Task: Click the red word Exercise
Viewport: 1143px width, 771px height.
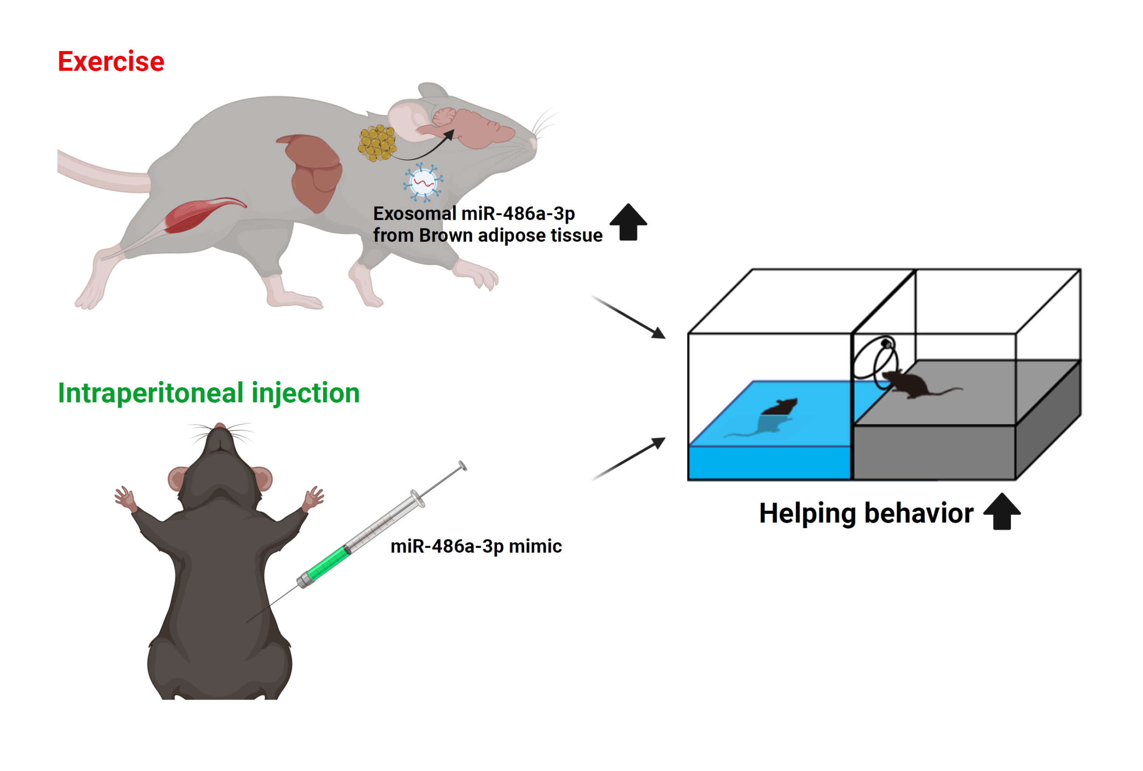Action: (x=111, y=62)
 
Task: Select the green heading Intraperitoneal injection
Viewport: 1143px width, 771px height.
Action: (x=209, y=393)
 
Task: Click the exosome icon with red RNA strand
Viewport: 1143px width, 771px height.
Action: (x=423, y=183)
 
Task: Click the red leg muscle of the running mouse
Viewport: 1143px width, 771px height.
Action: (x=196, y=214)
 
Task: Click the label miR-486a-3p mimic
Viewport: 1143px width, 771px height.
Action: (x=476, y=546)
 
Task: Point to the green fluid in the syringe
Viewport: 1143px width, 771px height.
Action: (x=326, y=563)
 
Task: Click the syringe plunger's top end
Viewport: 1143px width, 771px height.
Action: (x=462, y=465)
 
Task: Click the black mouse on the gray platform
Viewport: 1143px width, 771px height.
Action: (x=909, y=383)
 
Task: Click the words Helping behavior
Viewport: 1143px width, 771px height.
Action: (x=866, y=513)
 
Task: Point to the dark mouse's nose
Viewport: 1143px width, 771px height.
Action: (x=220, y=426)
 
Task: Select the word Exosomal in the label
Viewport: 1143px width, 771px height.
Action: (x=414, y=214)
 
